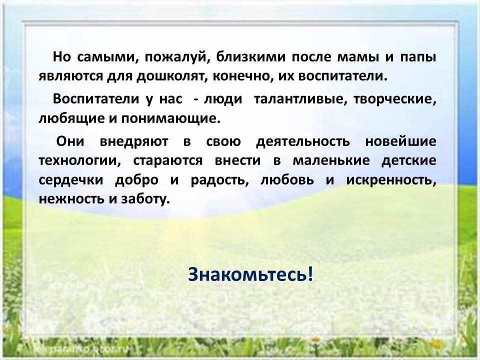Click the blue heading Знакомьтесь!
(x=250, y=274)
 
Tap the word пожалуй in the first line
(x=177, y=57)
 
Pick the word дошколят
(x=170, y=76)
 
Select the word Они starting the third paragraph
(x=70, y=141)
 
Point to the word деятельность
(x=303, y=142)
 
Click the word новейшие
(x=400, y=141)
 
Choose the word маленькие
(x=331, y=161)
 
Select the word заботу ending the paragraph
(x=145, y=199)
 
